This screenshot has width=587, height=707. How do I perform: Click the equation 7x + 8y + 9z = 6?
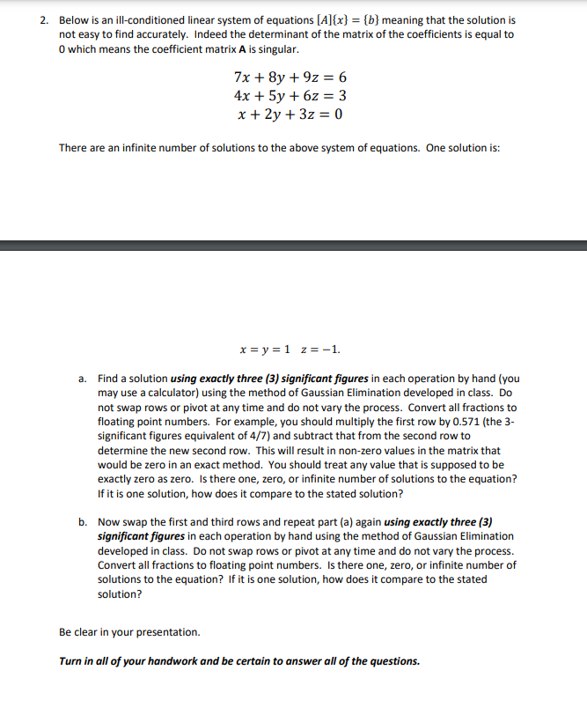click(290, 77)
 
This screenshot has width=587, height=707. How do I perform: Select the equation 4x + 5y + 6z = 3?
click(290, 96)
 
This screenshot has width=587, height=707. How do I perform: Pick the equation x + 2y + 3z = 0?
click(290, 114)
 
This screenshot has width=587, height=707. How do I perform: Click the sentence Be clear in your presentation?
click(129, 632)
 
